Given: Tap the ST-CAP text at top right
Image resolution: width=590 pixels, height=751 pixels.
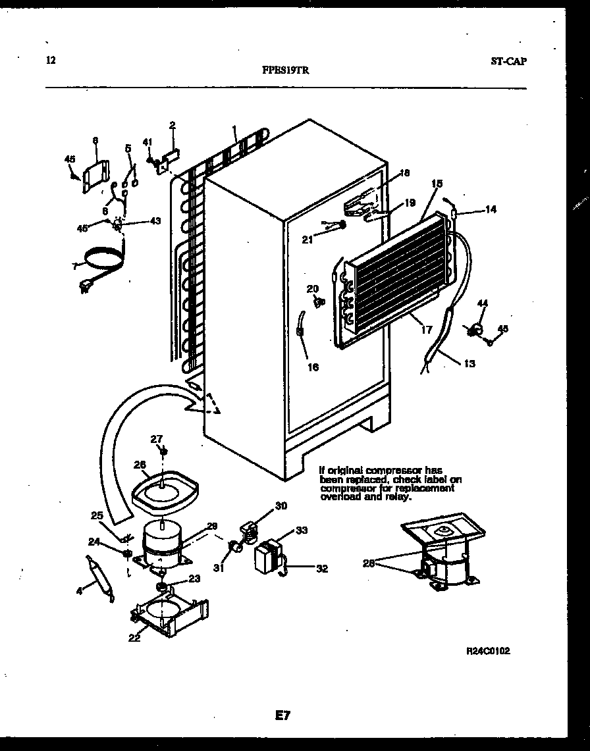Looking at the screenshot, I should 508,61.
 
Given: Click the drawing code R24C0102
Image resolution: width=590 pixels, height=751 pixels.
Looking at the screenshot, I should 488,650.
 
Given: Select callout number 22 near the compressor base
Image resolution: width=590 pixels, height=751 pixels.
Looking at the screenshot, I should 134,637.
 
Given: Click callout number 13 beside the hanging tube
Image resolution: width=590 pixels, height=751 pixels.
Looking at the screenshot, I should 469,363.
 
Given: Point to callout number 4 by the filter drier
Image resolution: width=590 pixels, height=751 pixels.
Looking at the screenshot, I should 80,591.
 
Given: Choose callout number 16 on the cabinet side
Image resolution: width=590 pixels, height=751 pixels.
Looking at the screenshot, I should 313,367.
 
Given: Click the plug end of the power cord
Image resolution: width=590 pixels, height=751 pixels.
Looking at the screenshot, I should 86,286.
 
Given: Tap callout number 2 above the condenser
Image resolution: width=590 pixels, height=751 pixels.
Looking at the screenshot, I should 173,125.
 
